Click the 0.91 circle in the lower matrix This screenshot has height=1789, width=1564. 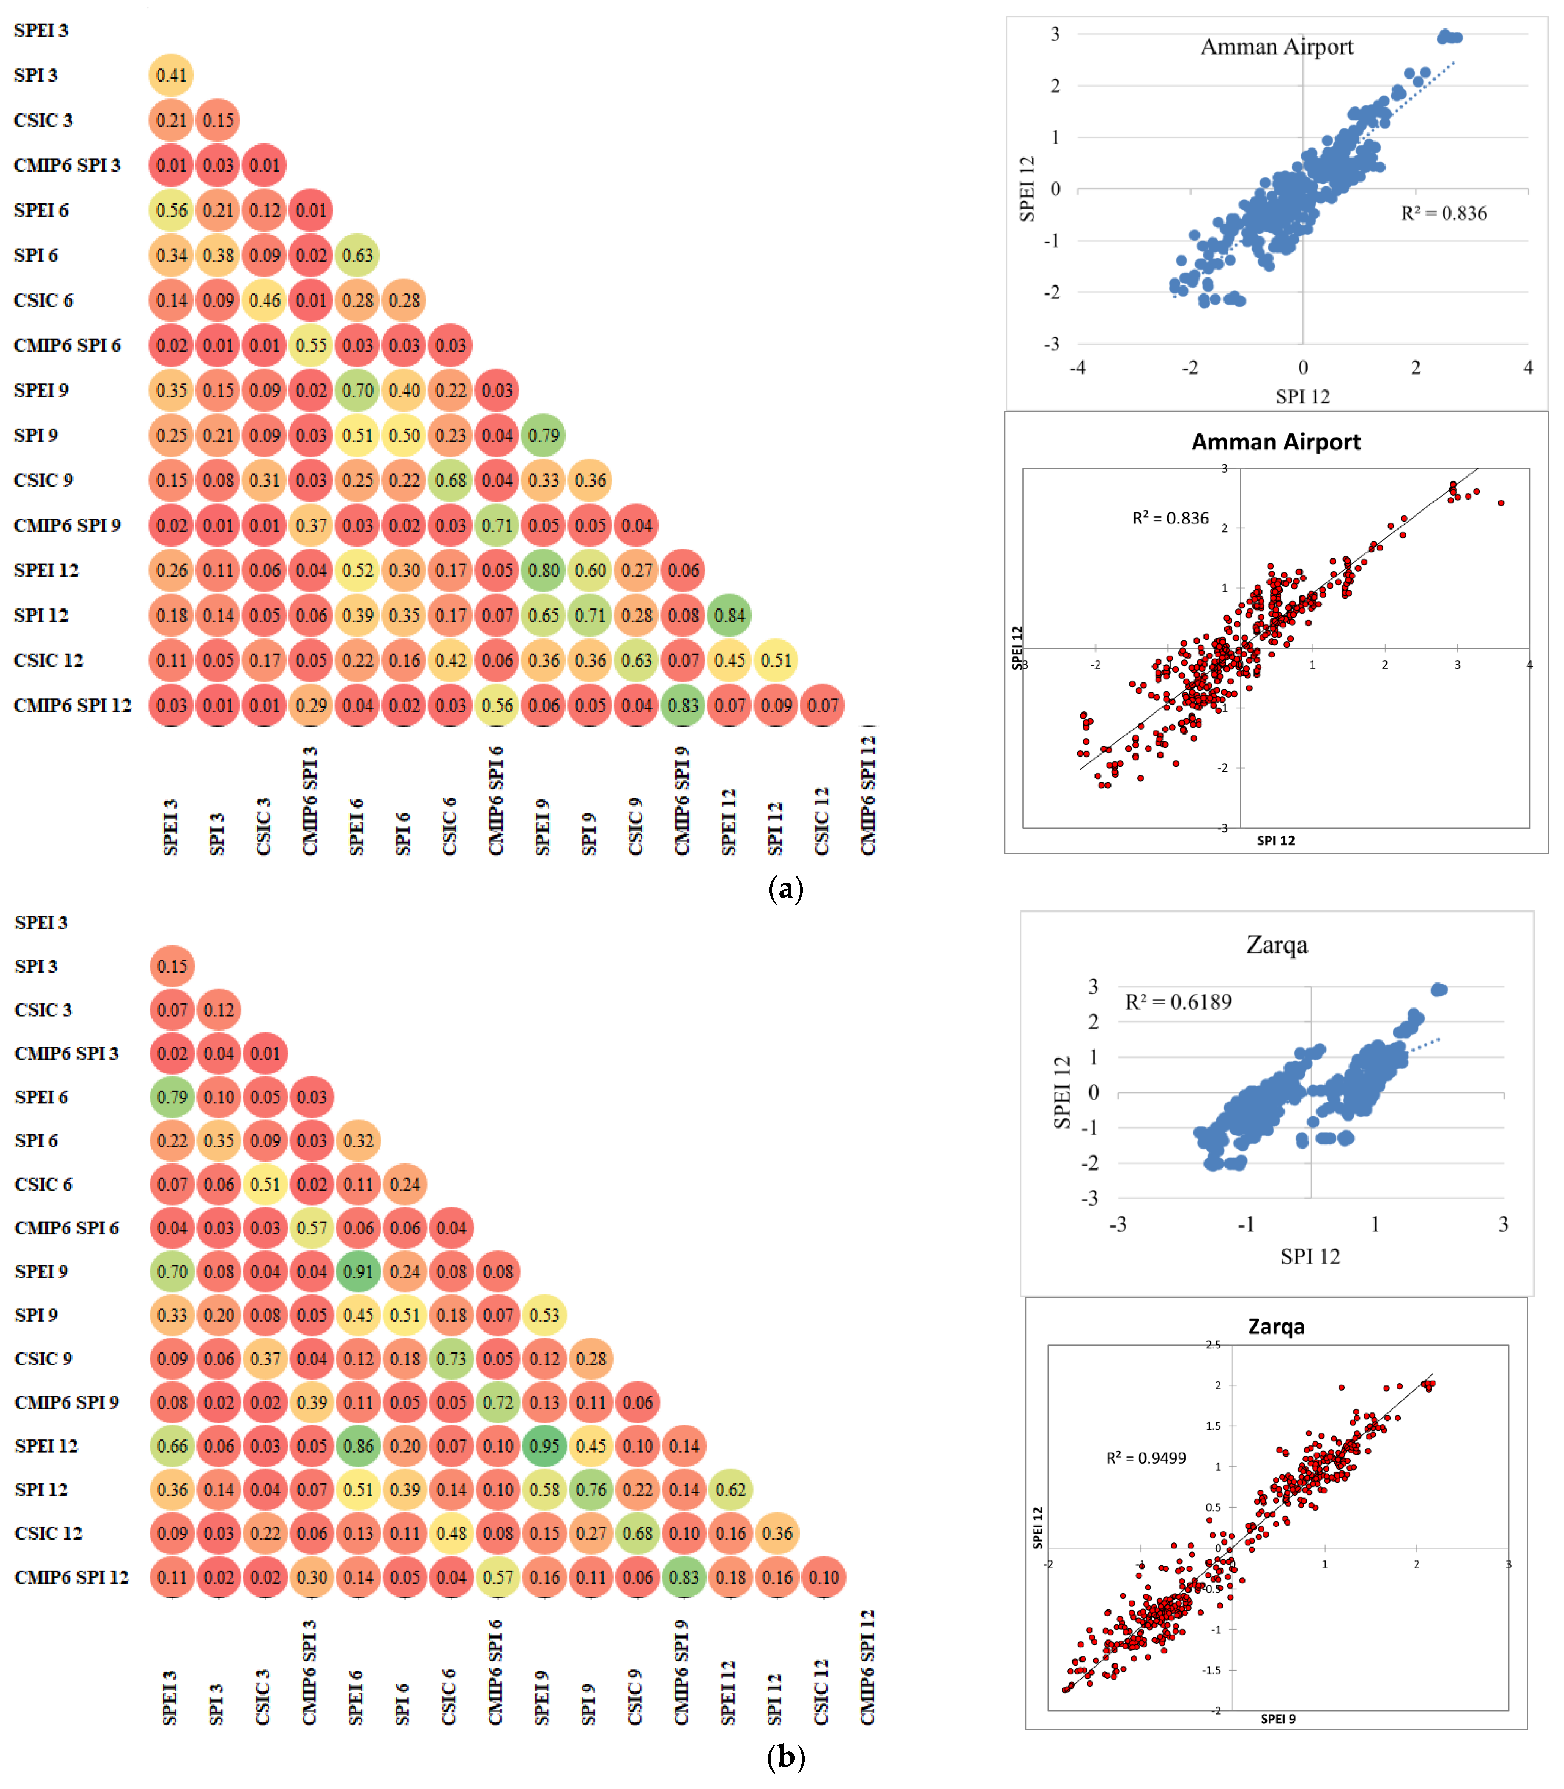coord(358,1272)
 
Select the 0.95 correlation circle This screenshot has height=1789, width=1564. coord(545,1446)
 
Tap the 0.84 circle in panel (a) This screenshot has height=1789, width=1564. coord(730,615)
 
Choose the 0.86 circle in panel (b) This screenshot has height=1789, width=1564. coord(358,1446)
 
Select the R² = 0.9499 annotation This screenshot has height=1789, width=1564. coord(1146,1458)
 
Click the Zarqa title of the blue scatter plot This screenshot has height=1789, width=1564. coord(1277,945)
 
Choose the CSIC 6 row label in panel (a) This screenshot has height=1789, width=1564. coord(44,300)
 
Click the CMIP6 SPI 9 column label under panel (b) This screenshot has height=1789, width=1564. coord(682,1672)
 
